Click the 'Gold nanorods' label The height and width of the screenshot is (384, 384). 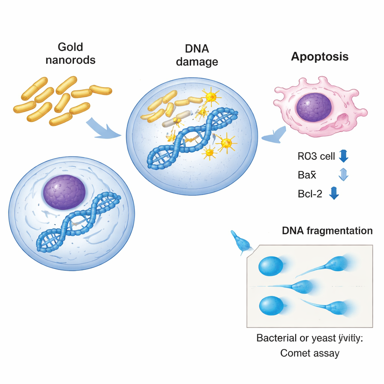tap(70, 53)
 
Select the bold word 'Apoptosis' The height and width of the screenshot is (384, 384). tap(319, 57)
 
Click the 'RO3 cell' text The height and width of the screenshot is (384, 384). tap(316, 156)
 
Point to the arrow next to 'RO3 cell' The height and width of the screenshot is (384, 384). tap(343, 156)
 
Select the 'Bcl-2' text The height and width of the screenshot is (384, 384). tap(310, 194)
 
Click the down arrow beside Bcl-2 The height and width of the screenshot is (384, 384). tap(334, 193)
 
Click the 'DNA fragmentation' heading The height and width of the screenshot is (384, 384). tap(327, 231)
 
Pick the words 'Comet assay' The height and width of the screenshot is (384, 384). tap(310, 353)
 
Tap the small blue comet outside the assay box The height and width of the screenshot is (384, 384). tap(240, 243)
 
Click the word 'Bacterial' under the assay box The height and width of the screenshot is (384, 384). tap(275, 337)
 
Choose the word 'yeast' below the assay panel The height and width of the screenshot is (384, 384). tap(324, 338)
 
